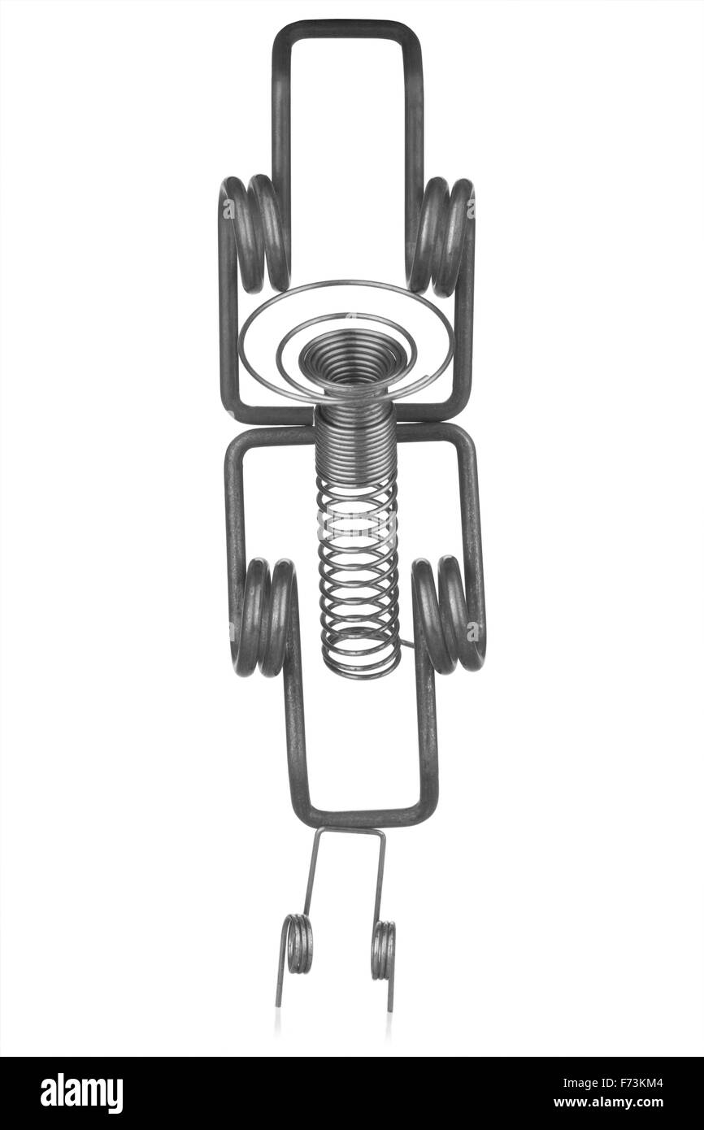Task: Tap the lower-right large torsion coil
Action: [x=448, y=615]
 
